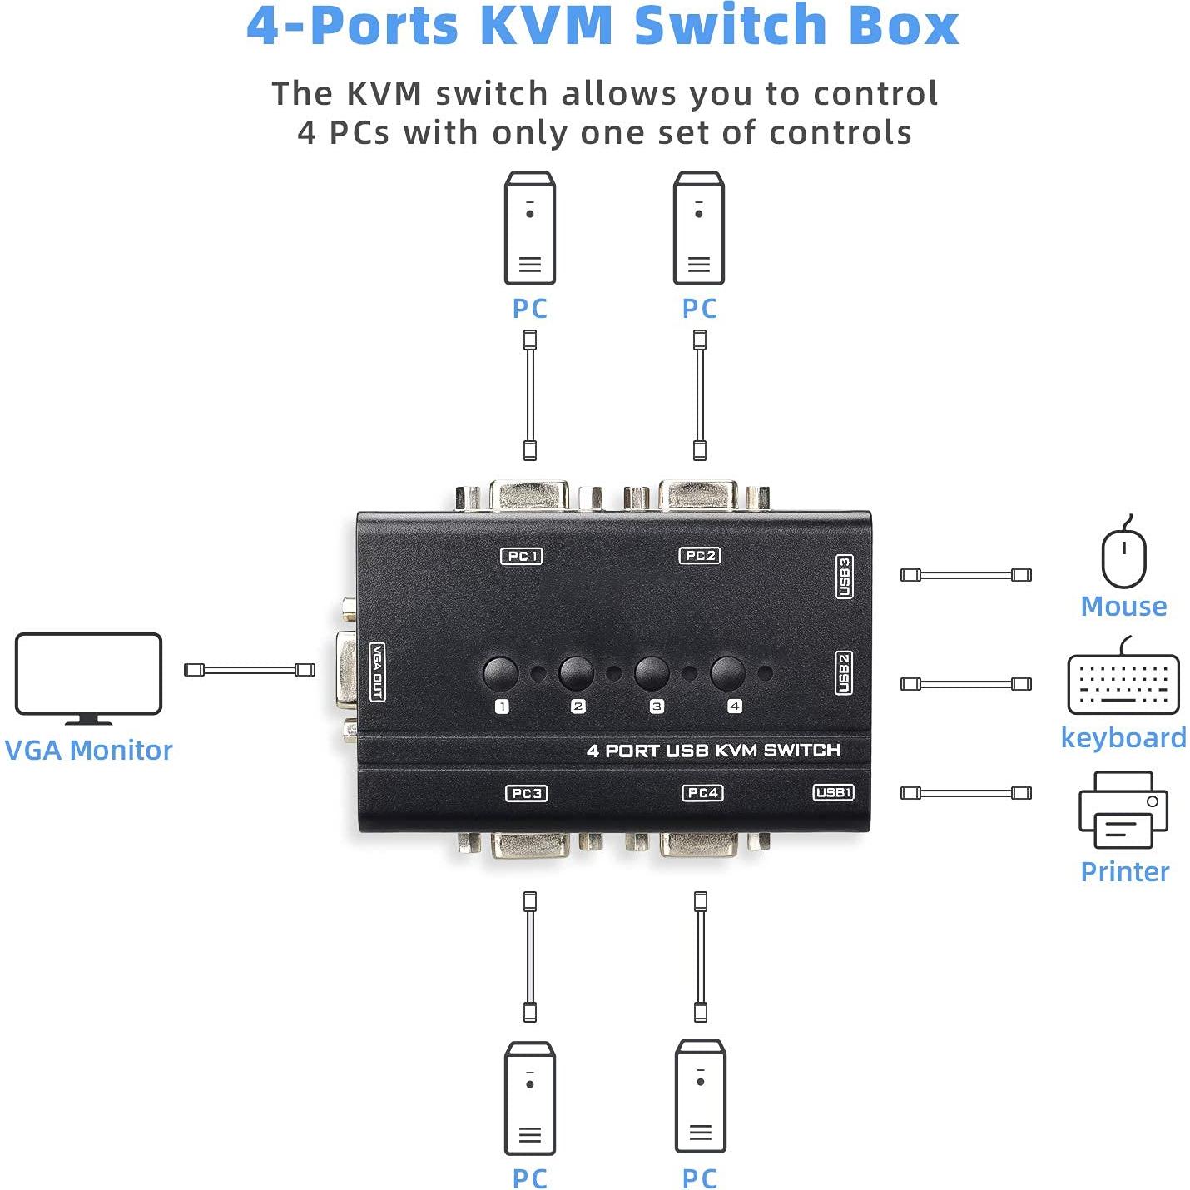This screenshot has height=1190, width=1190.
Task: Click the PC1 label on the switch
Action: pos(522,556)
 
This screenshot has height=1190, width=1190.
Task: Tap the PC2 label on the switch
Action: pos(700,555)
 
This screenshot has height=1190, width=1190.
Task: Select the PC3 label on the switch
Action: pos(527,793)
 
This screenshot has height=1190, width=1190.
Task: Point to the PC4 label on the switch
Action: pos(702,792)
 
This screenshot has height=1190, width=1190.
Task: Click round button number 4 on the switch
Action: pos(727,673)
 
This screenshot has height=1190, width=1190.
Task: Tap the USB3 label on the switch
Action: pos(844,577)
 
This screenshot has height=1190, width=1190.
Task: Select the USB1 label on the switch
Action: pos(833,792)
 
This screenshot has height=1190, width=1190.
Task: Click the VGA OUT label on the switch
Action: pos(377,672)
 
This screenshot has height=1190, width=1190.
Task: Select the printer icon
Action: pos(1123,811)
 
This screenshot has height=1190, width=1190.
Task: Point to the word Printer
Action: pos(1124,871)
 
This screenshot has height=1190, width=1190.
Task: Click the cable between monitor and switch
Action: pos(250,670)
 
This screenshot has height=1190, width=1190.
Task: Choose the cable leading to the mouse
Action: pos(965,575)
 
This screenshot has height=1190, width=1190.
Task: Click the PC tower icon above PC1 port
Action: pos(530,228)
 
